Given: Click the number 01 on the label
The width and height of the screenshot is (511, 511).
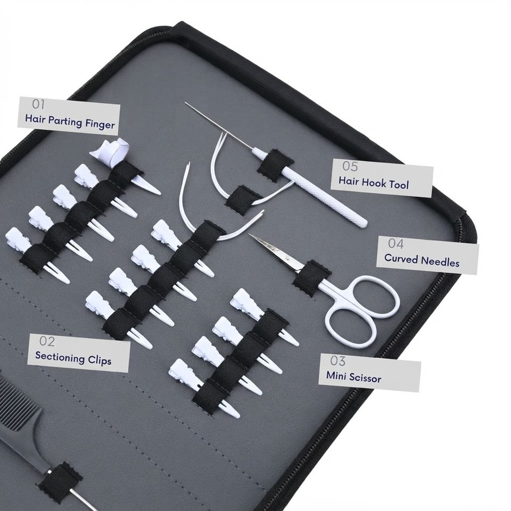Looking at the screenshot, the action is click(x=38, y=104).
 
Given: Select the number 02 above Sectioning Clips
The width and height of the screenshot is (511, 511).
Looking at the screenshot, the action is click(x=47, y=341).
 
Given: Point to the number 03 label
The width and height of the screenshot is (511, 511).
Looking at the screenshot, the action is click(x=337, y=361).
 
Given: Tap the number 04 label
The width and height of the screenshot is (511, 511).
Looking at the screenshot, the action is click(x=395, y=243).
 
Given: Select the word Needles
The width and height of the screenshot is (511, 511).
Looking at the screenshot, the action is click(x=440, y=261).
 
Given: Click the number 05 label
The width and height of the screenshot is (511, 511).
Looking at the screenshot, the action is click(x=350, y=166).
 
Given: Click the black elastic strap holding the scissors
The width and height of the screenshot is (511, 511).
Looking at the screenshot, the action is click(x=311, y=278).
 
